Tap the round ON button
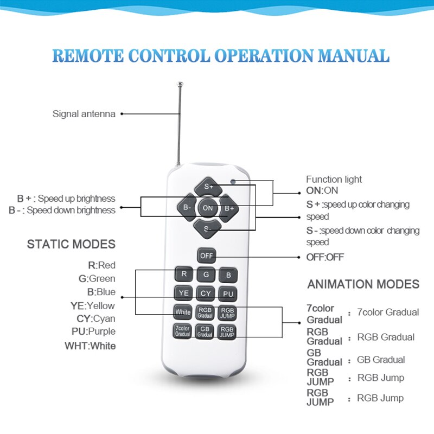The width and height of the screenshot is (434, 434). pyautogui.click(x=207, y=207)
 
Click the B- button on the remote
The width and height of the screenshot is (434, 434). pyautogui.click(x=187, y=207)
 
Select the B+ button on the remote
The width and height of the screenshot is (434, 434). pyautogui.click(x=228, y=207)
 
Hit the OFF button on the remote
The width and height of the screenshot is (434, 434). pyautogui.click(x=206, y=255)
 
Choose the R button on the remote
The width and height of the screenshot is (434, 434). pyautogui.click(x=184, y=275)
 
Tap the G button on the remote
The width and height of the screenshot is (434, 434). pyautogui.click(x=206, y=275)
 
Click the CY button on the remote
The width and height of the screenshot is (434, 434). pyautogui.click(x=206, y=293)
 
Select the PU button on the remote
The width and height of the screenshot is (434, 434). pyautogui.click(x=227, y=293)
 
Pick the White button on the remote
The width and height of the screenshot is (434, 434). pyautogui.click(x=183, y=312)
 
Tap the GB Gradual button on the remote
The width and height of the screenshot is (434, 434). pyautogui.click(x=205, y=331)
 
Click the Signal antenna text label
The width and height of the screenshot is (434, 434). pyautogui.click(x=84, y=114)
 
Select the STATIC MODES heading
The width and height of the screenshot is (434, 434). pyautogui.click(x=71, y=244)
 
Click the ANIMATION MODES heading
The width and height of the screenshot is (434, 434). pyautogui.click(x=363, y=284)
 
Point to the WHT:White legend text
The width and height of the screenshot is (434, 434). pyautogui.click(x=90, y=346)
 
